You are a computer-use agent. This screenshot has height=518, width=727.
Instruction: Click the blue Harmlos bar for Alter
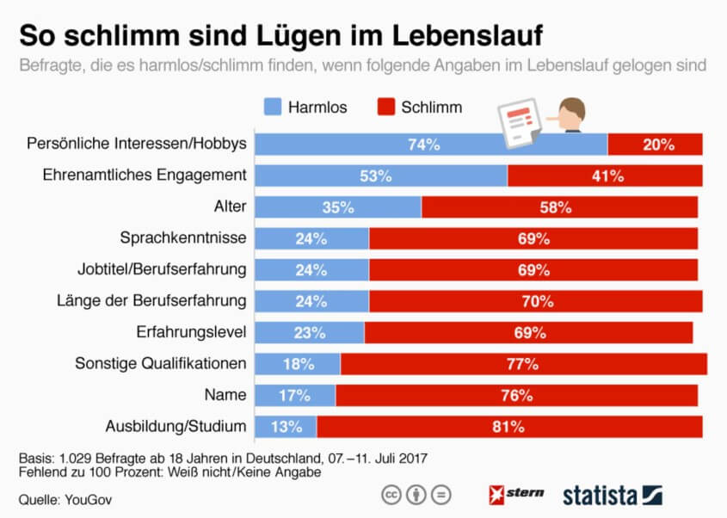coord(339,207)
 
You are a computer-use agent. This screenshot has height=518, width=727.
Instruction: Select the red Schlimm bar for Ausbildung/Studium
coord(509,427)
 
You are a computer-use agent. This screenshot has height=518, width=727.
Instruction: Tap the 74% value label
coord(423,145)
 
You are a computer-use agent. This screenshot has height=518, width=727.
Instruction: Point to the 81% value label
coord(508,427)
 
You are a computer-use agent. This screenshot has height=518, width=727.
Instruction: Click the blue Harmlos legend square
coord(273,107)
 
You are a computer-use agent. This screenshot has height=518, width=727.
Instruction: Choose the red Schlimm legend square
coord(385,107)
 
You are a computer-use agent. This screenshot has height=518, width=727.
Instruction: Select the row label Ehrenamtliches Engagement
coord(145,176)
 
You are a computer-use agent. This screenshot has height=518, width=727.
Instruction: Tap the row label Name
coord(226,395)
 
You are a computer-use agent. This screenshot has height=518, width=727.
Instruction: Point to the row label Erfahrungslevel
coord(192,332)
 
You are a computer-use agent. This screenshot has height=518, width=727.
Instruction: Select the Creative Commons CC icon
coord(391,496)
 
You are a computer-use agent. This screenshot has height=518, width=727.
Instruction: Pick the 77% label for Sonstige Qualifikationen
coord(523,364)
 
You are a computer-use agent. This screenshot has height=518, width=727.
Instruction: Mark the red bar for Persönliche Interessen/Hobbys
coord(655,145)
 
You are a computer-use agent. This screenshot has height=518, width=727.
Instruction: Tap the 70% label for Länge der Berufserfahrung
coord(535,301)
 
